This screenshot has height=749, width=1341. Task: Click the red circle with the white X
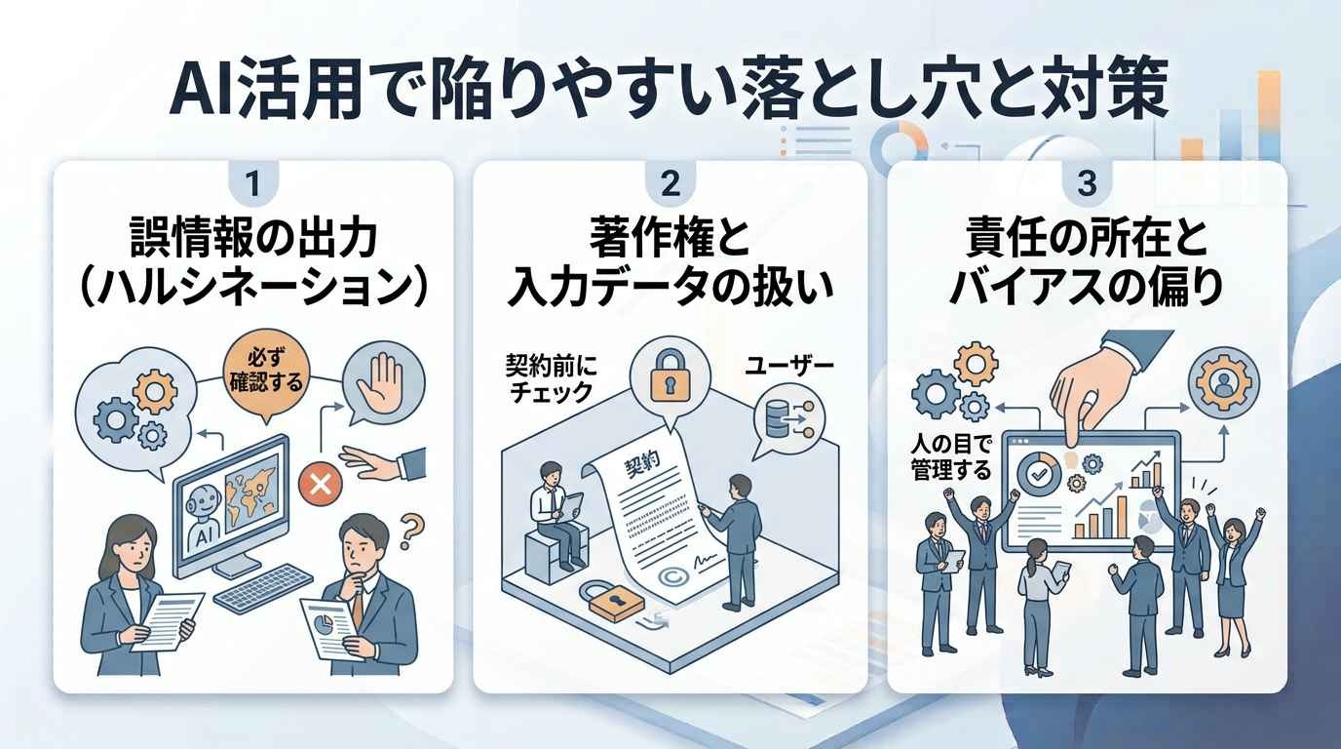coord(321,483)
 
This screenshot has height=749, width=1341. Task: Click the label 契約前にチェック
coord(550,377)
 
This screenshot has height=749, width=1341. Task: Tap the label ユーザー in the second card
coord(788,365)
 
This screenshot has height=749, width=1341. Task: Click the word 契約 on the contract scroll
coord(642,463)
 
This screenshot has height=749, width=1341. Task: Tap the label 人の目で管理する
coord(950,457)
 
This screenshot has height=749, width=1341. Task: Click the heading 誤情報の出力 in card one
coord(253,239)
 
